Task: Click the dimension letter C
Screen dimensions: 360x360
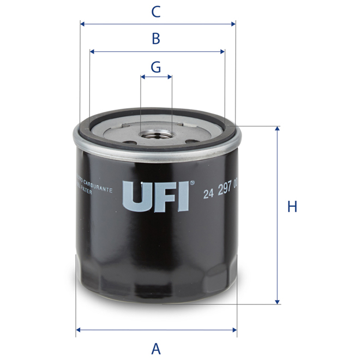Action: point(155,11)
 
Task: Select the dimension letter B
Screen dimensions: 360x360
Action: point(156,39)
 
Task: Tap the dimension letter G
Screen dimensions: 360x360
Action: point(156,67)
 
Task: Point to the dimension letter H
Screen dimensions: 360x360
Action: point(292,207)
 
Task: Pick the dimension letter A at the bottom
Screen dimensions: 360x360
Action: point(156,348)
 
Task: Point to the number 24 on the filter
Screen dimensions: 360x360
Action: point(208,193)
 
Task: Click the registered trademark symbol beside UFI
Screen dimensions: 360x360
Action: point(191,183)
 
